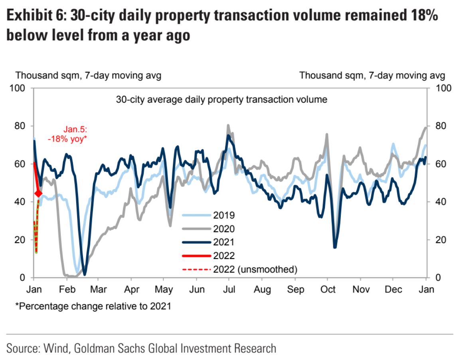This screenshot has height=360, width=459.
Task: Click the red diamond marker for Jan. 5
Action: tap(38, 193)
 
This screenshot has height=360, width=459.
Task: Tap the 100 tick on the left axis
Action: tap(20, 88)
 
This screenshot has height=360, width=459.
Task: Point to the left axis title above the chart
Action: tap(88, 75)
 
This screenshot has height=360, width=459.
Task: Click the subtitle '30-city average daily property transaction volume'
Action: tap(221, 99)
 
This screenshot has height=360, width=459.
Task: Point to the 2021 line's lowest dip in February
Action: tap(84, 274)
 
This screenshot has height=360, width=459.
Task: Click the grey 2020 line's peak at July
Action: tap(228, 125)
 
